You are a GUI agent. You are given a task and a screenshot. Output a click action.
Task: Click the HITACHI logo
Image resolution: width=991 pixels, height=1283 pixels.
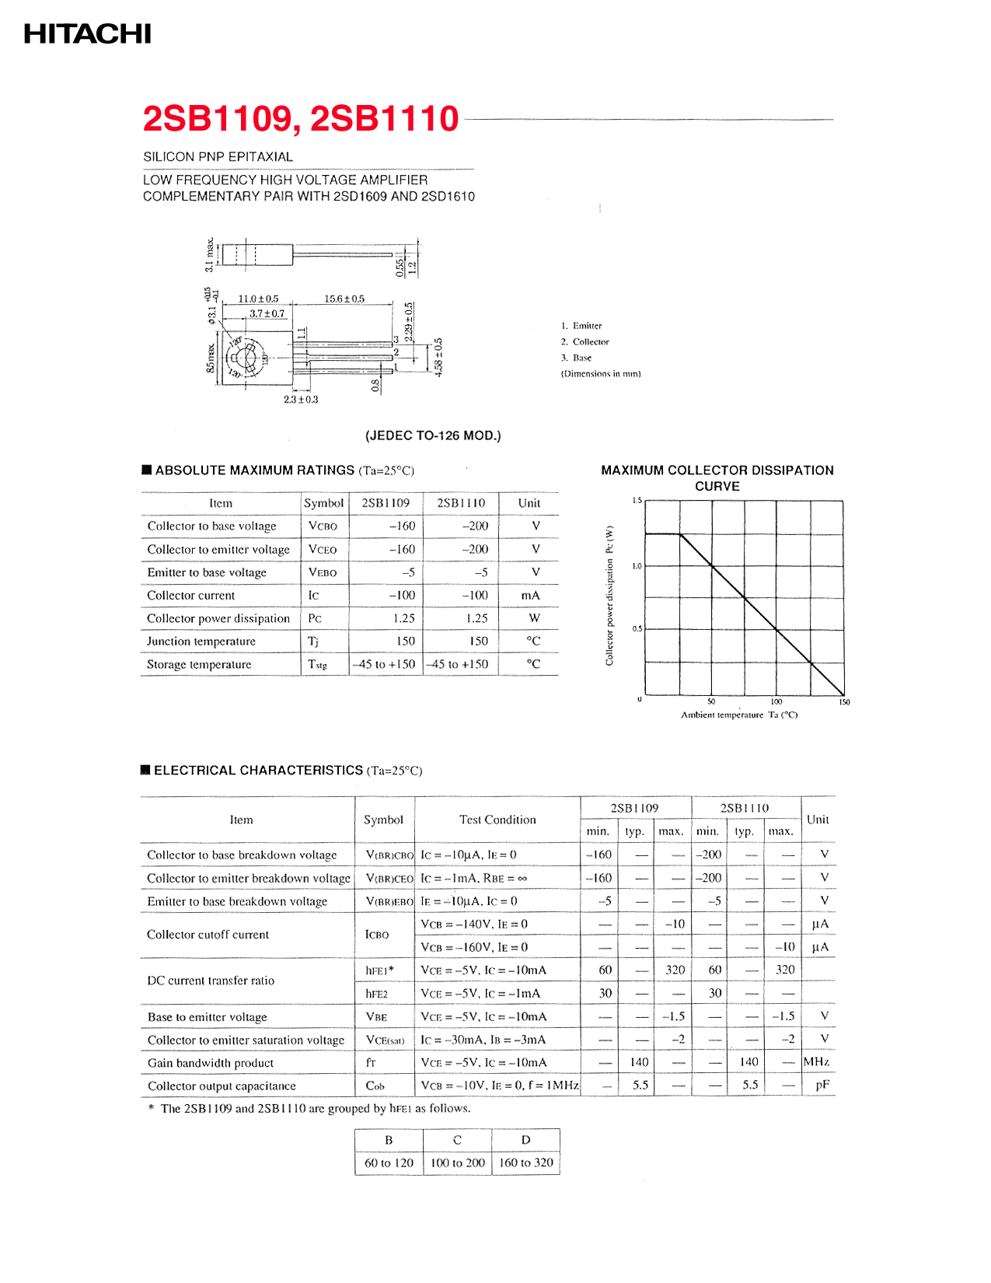pos(87,34)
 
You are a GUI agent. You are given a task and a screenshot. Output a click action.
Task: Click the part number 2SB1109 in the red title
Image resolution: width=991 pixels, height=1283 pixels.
pos(217,119)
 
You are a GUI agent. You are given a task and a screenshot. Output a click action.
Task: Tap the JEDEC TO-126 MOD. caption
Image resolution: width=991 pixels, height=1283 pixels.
pos(433,435)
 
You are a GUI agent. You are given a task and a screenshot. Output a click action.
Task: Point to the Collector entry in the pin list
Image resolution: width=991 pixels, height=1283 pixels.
pos(590,342)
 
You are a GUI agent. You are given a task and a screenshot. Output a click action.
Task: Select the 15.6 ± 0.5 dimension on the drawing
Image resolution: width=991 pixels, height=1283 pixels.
pos(344,299)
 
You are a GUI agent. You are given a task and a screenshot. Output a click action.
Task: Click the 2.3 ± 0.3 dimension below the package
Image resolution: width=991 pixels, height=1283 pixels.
pos(301,400)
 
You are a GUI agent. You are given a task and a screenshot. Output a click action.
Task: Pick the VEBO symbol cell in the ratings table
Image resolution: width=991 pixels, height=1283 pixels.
pos(323,572)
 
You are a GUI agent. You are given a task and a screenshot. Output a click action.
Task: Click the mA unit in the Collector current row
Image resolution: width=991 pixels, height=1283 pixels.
pos(530,596)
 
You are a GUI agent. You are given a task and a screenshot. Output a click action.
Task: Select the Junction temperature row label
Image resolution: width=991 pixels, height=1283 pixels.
pos(201,641)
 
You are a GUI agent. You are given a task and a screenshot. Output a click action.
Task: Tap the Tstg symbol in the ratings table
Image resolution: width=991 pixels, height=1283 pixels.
pos(317,665)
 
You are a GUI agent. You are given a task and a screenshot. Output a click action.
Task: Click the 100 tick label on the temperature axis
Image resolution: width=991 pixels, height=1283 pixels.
pos(776,701)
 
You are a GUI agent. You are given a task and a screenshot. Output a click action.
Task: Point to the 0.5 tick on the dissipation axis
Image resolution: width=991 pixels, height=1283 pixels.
pos(637,629)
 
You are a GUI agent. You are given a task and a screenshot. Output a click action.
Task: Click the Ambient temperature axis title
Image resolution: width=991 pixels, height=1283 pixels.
pos(739,715)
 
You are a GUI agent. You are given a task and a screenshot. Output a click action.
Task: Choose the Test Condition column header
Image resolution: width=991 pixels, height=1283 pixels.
pos(497,820)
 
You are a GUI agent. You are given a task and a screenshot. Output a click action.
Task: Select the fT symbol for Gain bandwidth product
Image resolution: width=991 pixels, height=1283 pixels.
pos(371,1063)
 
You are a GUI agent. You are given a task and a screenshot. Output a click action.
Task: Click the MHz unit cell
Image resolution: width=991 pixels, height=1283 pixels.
pos(817,1062)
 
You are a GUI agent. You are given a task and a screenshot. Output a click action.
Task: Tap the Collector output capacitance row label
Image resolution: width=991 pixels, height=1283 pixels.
pos(222,1086)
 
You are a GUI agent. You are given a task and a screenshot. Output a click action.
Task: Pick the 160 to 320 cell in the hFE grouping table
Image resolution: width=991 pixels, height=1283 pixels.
pos(526,1163)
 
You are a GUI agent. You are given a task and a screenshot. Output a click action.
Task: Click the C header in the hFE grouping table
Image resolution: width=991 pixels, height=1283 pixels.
pos(457,1140)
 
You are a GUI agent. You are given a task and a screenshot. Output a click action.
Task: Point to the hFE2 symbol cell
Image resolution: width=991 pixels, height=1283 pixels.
pos(377,994)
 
